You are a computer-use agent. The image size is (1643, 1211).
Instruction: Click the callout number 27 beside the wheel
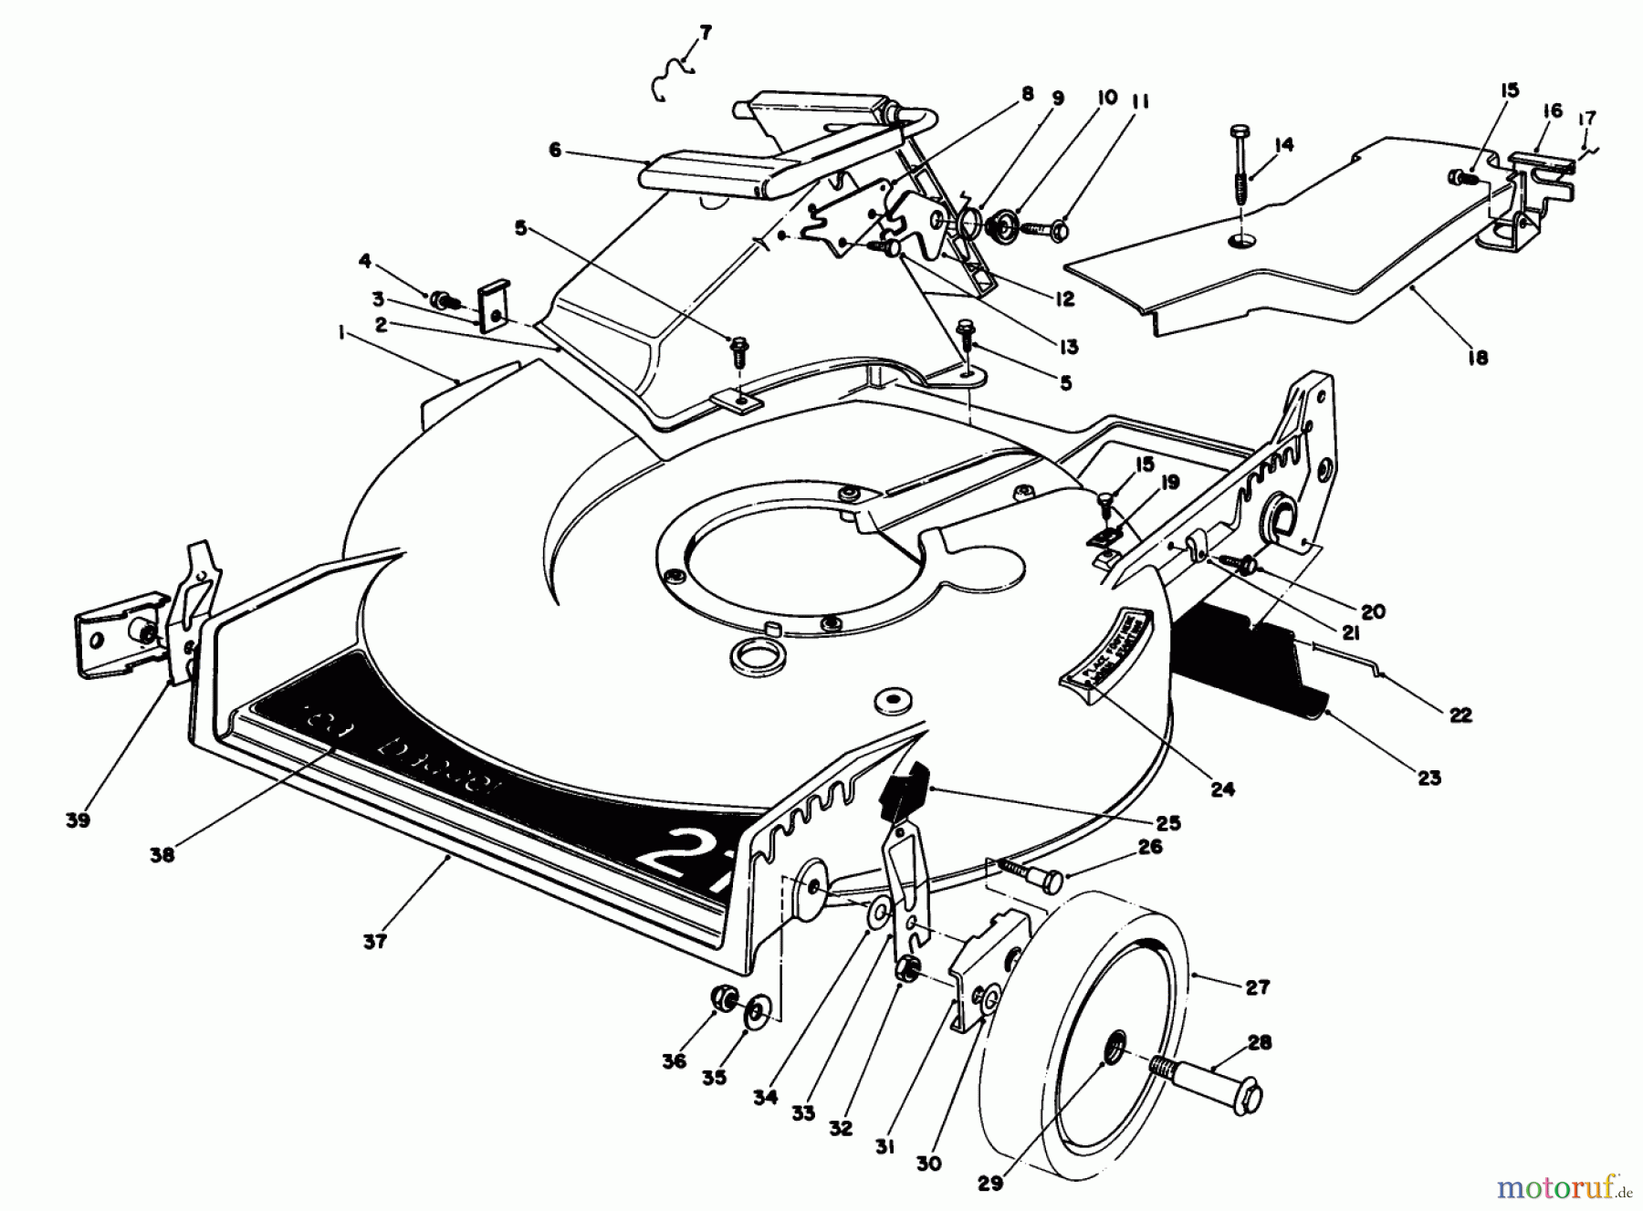1257,987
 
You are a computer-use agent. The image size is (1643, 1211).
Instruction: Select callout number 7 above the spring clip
705,34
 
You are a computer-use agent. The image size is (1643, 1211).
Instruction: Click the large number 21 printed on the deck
679,855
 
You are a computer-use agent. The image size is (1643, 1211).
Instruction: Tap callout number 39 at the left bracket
78,820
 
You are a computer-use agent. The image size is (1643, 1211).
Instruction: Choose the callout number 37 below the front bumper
375,941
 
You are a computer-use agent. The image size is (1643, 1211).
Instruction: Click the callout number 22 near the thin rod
1460,715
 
